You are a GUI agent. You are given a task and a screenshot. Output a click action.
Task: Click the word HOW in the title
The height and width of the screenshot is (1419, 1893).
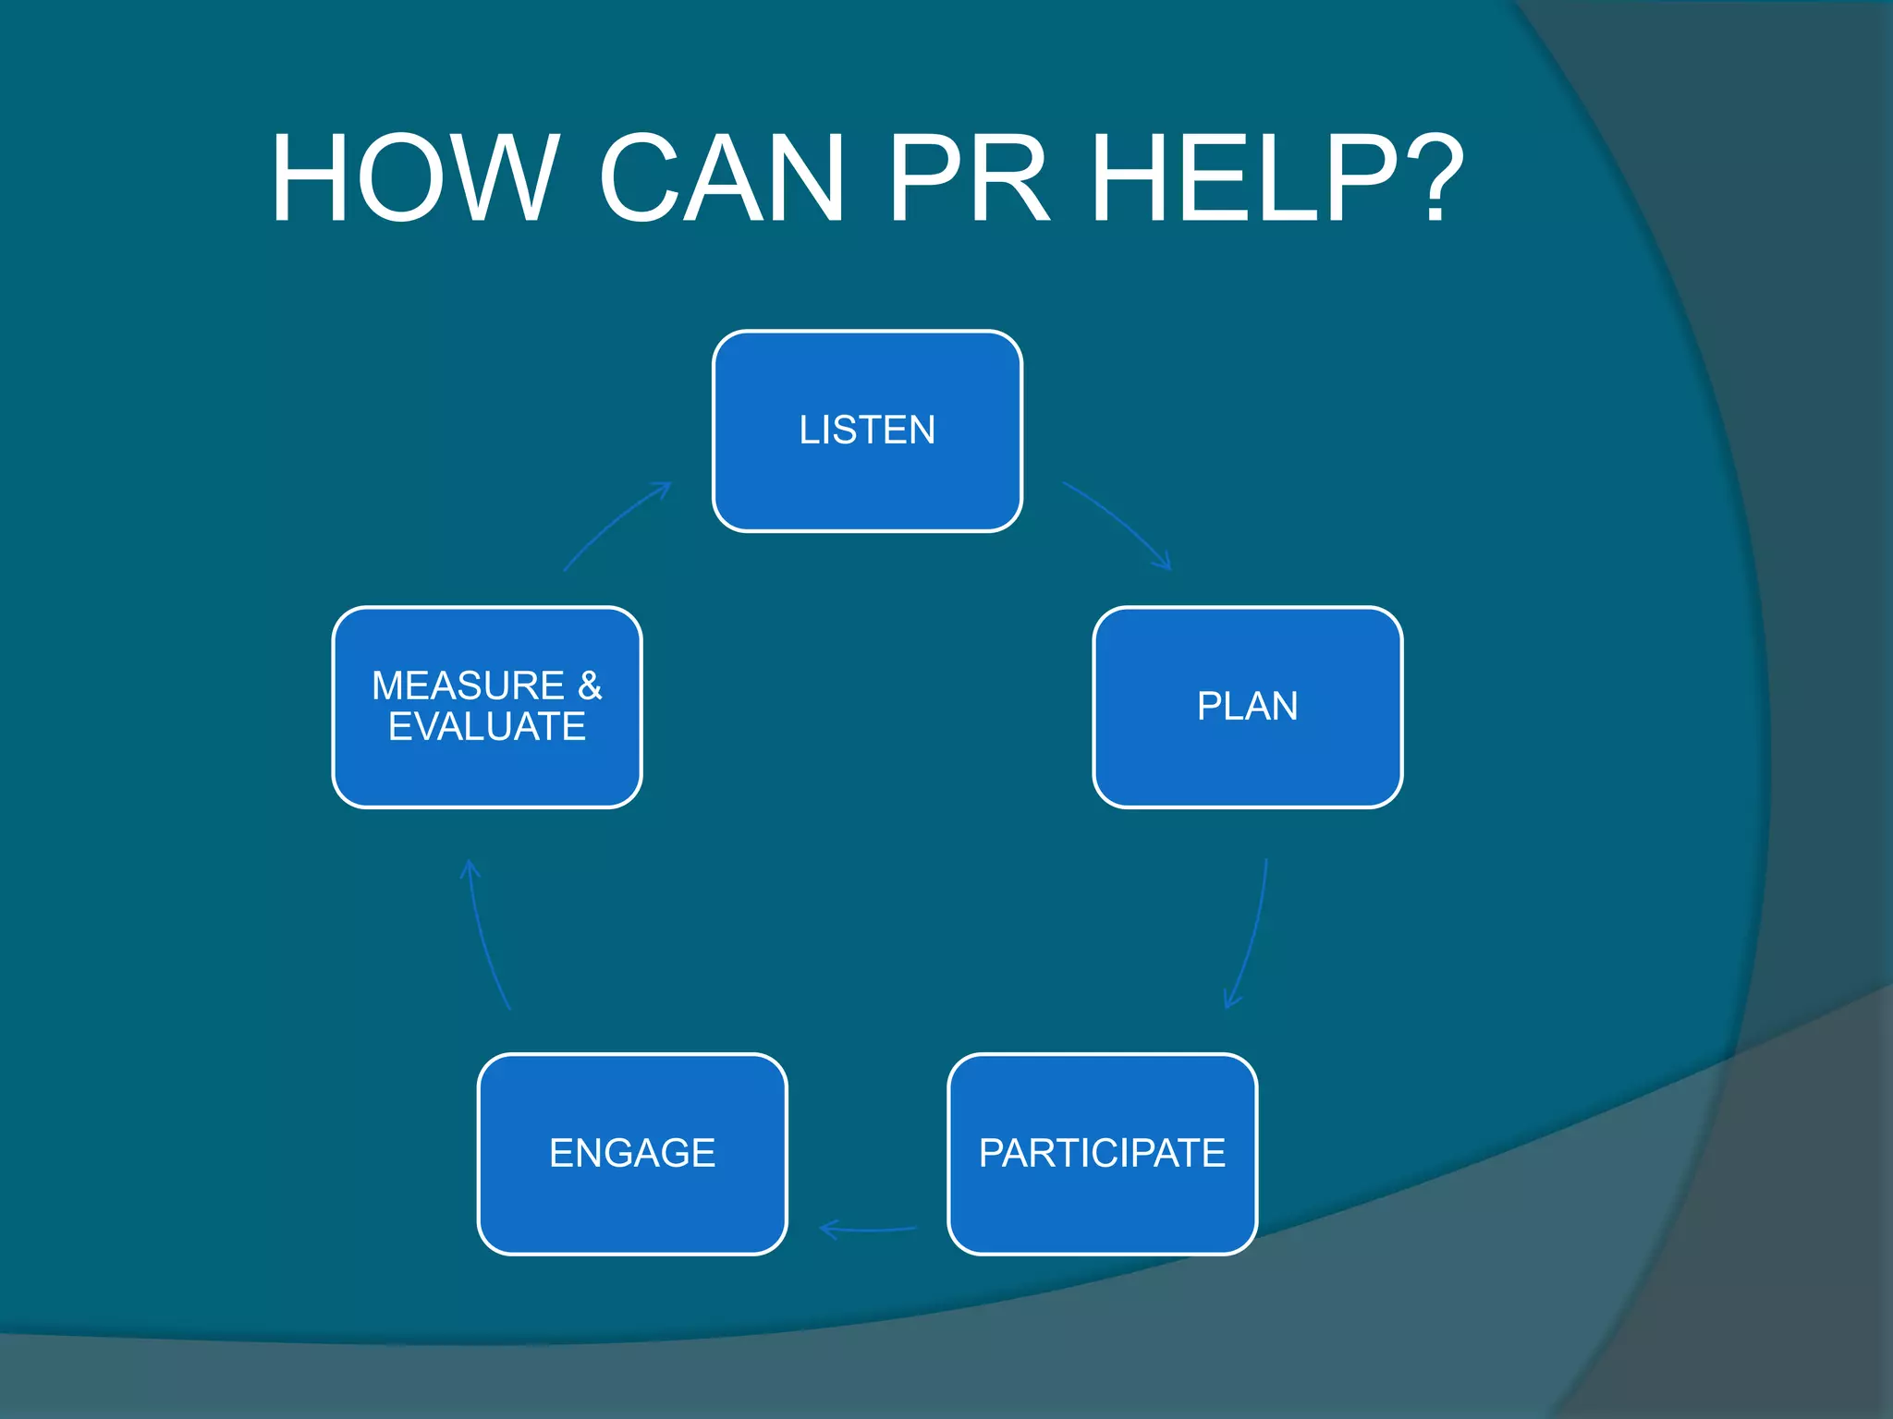tap(413, 177)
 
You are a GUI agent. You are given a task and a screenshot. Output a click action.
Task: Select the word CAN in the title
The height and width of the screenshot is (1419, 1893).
tap(721, 177)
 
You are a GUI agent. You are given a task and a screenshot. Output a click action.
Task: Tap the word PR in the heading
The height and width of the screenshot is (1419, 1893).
tap(968, 177)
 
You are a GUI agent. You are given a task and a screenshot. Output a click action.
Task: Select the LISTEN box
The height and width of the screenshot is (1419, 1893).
tap(867, 431)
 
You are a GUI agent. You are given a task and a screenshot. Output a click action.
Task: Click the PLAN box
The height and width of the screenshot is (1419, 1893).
tap(1247, 707)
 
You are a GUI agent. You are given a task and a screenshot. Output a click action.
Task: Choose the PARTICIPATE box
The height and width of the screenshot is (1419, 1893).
tap(1102, 1154)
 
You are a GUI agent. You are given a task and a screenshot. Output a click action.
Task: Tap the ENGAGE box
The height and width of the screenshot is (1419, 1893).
tap(632, 1154)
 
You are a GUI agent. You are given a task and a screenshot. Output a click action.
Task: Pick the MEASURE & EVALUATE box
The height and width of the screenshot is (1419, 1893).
tap(486, 707)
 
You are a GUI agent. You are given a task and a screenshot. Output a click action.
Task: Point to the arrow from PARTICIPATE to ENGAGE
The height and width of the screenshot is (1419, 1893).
tap(869, 1230)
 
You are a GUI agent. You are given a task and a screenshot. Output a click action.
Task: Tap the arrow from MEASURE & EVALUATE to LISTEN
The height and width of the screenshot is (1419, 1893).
tap(614, 523)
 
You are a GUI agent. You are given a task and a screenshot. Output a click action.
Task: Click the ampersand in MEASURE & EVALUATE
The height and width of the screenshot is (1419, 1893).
tap(590, 685)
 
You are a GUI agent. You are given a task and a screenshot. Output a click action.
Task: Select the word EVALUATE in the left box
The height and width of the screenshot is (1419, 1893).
tap(486, 727)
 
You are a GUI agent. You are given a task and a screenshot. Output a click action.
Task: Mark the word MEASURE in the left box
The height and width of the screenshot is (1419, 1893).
tap(468, 685)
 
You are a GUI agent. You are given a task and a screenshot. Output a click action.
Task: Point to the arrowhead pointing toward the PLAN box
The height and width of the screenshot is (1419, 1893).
tap(1165, 563)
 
